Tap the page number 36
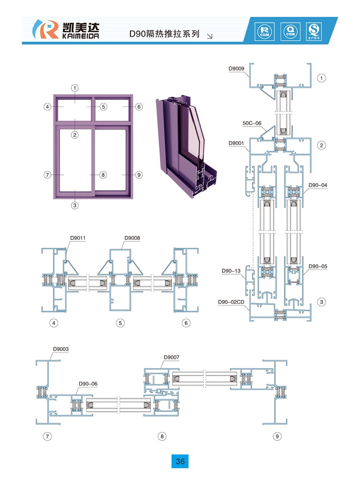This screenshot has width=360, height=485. click(x=180, y=461)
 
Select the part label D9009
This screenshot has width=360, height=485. click(x=236, y=69)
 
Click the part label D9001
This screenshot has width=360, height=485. click(x=236, y=143)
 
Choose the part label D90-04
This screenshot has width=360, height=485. click(x=318, y=185)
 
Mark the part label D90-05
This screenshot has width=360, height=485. click(x=318, y=266)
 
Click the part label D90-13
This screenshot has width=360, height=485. click(x=231, y=270)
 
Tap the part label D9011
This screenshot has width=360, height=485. click(x=78, y=238)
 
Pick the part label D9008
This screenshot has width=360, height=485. click(x=132, y=238)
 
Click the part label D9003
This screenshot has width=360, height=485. click(x=61, y=349)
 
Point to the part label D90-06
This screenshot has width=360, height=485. click(x=88, y=384)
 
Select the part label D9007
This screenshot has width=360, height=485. click(x=172, y=358)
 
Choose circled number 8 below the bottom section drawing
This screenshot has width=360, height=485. click(x=162, y=436)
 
